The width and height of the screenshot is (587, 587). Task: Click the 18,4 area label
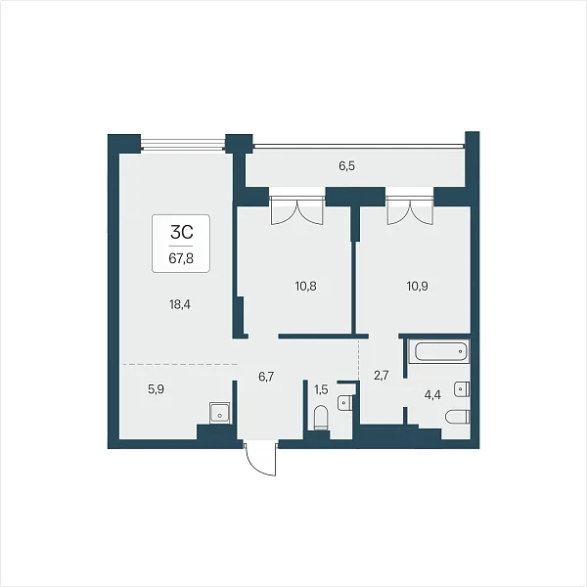[x=180, y=304]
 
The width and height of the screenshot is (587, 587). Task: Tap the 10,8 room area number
[x=305, y=287]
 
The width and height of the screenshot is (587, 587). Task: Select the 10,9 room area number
[x=417, y=287]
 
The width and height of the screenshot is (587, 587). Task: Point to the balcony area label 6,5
[x=347, y=166]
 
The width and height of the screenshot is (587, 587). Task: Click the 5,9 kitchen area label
[x=156, y=389]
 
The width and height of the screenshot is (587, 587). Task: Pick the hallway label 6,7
[x=266, y=377]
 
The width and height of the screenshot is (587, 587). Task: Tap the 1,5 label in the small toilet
[x=321, y=389]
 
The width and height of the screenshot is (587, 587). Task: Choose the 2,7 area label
[x=382, y=375]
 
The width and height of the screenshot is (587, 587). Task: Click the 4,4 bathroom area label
[x=432, y=395]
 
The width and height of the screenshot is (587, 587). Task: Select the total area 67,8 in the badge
[x=181, y=258]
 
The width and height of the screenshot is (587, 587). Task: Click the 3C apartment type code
[x=182, y=232]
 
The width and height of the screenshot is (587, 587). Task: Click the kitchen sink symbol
[x=220, y=413]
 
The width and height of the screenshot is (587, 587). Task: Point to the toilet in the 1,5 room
[x=321, y=418]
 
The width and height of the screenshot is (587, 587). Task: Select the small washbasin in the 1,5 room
[x=344, y=403]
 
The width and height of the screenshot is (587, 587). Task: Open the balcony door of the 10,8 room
[x=296, y=211]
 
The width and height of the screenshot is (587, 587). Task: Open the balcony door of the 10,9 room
[x=410, y=211]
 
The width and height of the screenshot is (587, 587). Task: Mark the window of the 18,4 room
[x=184, y=145]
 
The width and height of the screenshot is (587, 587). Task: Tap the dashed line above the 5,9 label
[x=180, y=364]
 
